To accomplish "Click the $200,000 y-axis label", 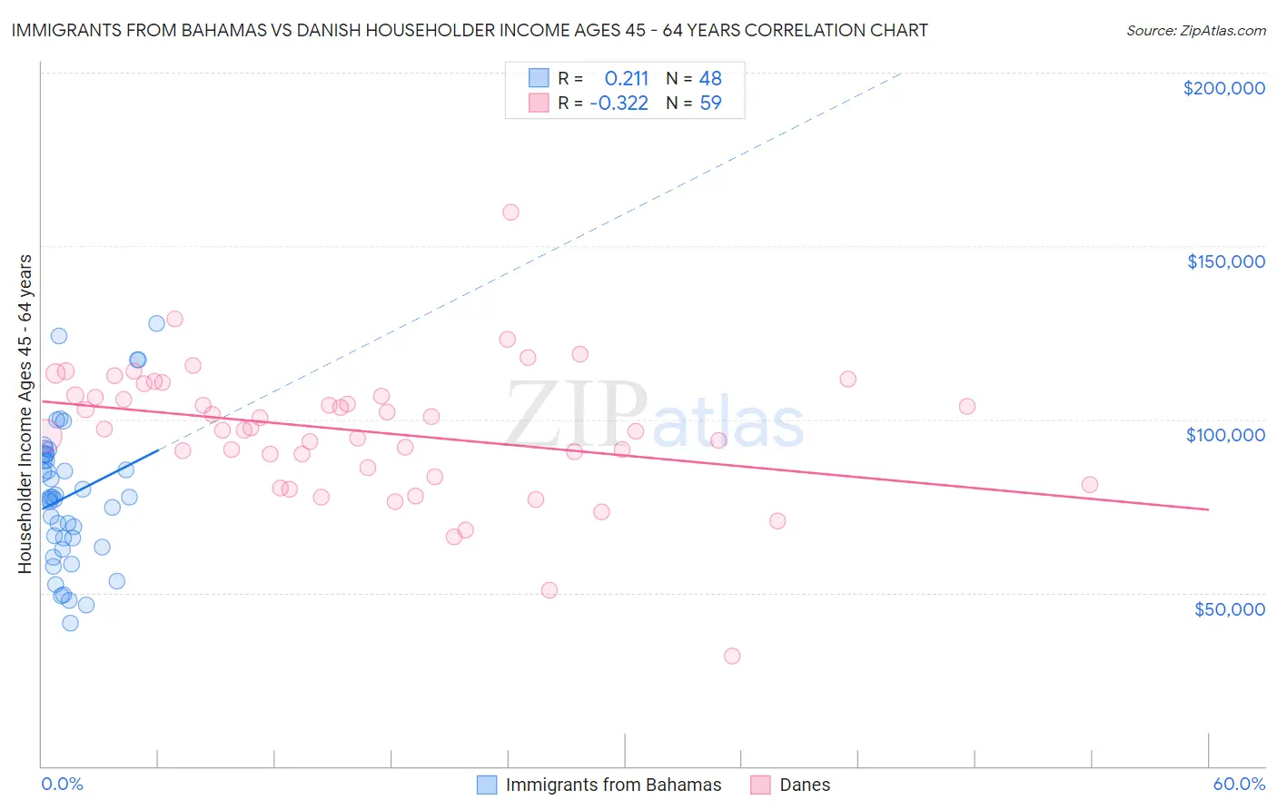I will click(1223, 88).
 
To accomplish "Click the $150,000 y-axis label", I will click(1225, 262).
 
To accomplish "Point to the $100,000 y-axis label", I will click(1225, 435).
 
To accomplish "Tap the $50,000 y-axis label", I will click(1229, 608).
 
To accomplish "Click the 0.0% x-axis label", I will click(62, 784).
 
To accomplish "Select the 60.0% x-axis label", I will click(1239, 784).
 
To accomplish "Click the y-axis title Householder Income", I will click(25, 414).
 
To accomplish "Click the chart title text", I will click(470, 30).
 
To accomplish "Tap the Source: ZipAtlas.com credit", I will click(1195, 31).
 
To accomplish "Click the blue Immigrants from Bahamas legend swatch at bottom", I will click(487, 785).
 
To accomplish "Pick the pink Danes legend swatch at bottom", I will click(761, 785).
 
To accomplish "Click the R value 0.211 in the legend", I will click(627, 79).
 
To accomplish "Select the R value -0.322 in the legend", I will click(619, 104).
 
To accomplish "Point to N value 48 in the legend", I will click(710, 79).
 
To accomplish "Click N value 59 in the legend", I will click(710, 104).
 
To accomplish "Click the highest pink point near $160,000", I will click(510, 212).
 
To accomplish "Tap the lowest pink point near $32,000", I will click(732, 656).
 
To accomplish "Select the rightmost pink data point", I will click(1090, 485).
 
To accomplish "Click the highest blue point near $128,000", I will click(156, 323).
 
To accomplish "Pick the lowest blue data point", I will click(70, 623).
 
